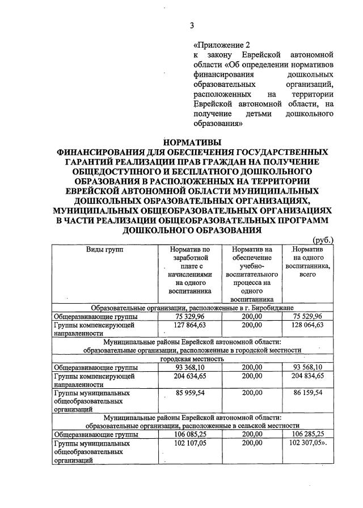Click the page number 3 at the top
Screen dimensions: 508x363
(x=192, y=25)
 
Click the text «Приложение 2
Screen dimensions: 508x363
(x=222, y=44)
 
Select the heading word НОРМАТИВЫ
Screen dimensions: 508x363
(x=192, y=142)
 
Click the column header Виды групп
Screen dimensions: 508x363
(x=105, y=249)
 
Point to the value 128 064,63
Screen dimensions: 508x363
(x=306, y=325)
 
